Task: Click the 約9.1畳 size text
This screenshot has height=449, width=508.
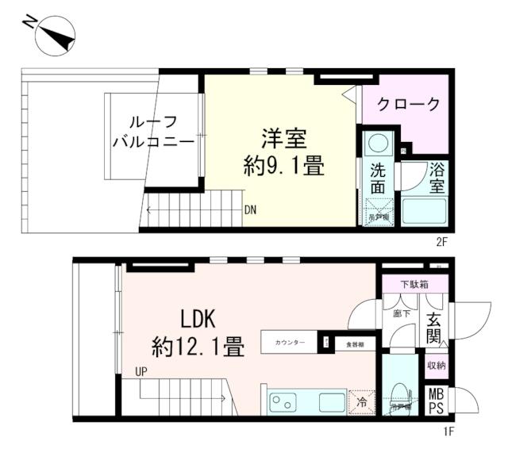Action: pyautogui.click(x=282, y=166)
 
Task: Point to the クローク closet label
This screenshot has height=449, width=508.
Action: pyautogui.click(x=408, y=104)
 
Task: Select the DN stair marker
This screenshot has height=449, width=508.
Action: pyautogui.click(x=250, y=211)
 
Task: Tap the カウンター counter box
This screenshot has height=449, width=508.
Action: pyautogui.click(x=290, y=342)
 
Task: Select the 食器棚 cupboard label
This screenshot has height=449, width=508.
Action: pyautogui.click(x=354, y=343)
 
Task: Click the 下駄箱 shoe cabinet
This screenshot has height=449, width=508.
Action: pyautogui.click(x=414, y=283)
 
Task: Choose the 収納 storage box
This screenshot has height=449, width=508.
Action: pyautogui.click(x=436, y=365)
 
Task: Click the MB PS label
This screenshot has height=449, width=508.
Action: pyautogui.click(x=436, y=401)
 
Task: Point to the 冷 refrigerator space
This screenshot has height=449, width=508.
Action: pyautogui.click(x=361, y=401)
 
